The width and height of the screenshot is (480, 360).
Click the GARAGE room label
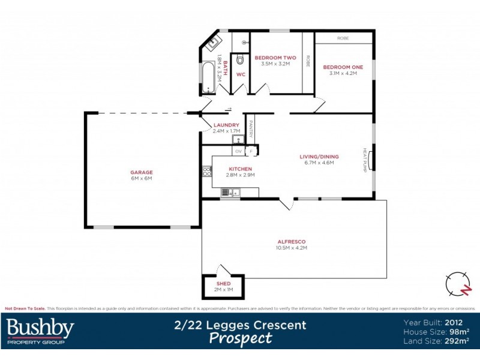pos(142,172)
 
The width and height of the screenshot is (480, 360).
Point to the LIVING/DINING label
pos(319,157)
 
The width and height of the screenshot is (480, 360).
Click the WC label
pos(240,75)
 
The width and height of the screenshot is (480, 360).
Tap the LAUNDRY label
pos(226,125)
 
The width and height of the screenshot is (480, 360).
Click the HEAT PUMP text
pos(364,160)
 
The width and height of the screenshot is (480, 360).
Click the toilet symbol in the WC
pos(240,59)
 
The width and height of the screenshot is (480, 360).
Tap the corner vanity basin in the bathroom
pos(214,43)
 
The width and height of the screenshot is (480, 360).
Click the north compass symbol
pos(459,284)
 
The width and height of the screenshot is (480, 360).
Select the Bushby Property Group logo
pos(40,331)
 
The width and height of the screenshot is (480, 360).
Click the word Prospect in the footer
pos(240,338)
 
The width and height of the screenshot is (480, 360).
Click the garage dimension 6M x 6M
pos(142,178)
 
